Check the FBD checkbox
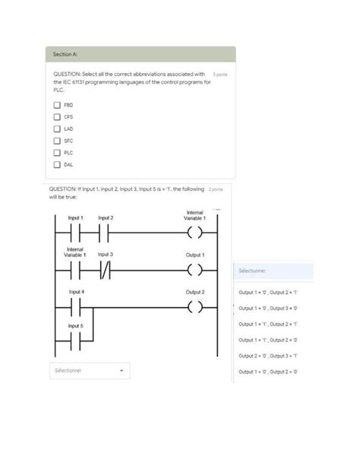57,105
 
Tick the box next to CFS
57,117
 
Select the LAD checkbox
57,128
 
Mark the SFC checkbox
57,141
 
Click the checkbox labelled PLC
57,152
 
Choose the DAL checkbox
57,163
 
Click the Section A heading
65,55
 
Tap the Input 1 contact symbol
74,232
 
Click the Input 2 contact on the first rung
106,232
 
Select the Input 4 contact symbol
76,307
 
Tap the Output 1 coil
195,270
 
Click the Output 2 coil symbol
195,307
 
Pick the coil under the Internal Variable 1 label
195,232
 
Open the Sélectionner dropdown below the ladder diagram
89,371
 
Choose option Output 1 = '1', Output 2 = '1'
268,323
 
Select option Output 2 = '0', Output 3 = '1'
268,355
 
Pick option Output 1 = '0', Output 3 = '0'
268,307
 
